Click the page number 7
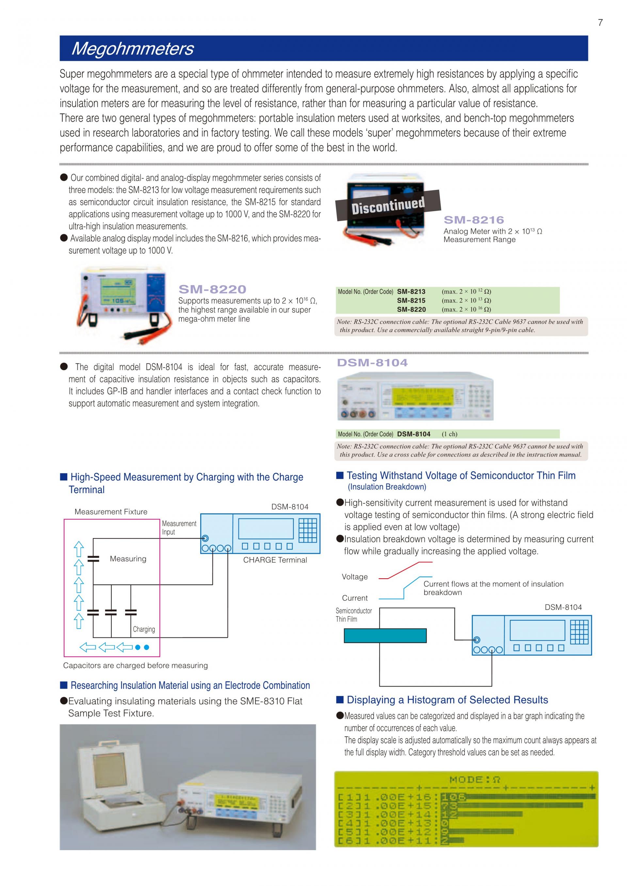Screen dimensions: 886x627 600,23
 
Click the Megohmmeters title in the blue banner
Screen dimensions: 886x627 133,49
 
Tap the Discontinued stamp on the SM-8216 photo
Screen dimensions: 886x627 388,205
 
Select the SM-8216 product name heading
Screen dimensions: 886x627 474,220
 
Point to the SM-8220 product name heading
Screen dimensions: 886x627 212,289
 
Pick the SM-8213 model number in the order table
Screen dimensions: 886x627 411,292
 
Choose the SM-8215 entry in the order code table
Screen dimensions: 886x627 411,301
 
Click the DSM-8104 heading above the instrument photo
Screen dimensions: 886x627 372,363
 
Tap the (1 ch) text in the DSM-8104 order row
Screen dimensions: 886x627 449,434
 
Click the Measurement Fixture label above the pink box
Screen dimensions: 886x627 111,512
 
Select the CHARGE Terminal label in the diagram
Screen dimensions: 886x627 275,560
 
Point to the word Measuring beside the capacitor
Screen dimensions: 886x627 128,559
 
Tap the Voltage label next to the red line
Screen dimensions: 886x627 354,577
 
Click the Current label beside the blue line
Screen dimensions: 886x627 354,598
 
